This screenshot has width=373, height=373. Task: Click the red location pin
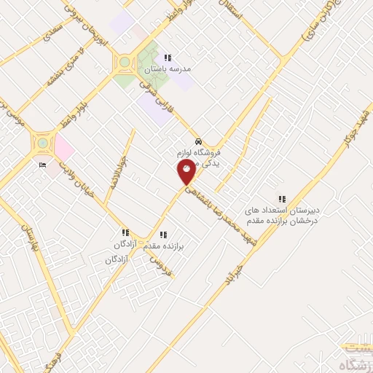tap(187, 172)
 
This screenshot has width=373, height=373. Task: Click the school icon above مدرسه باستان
tap(168, 58)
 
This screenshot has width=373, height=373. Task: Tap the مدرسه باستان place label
tap(168, 69)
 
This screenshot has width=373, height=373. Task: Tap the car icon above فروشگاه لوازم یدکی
tap(198, 141)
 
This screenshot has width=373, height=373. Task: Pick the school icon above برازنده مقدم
tap(163, 235)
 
